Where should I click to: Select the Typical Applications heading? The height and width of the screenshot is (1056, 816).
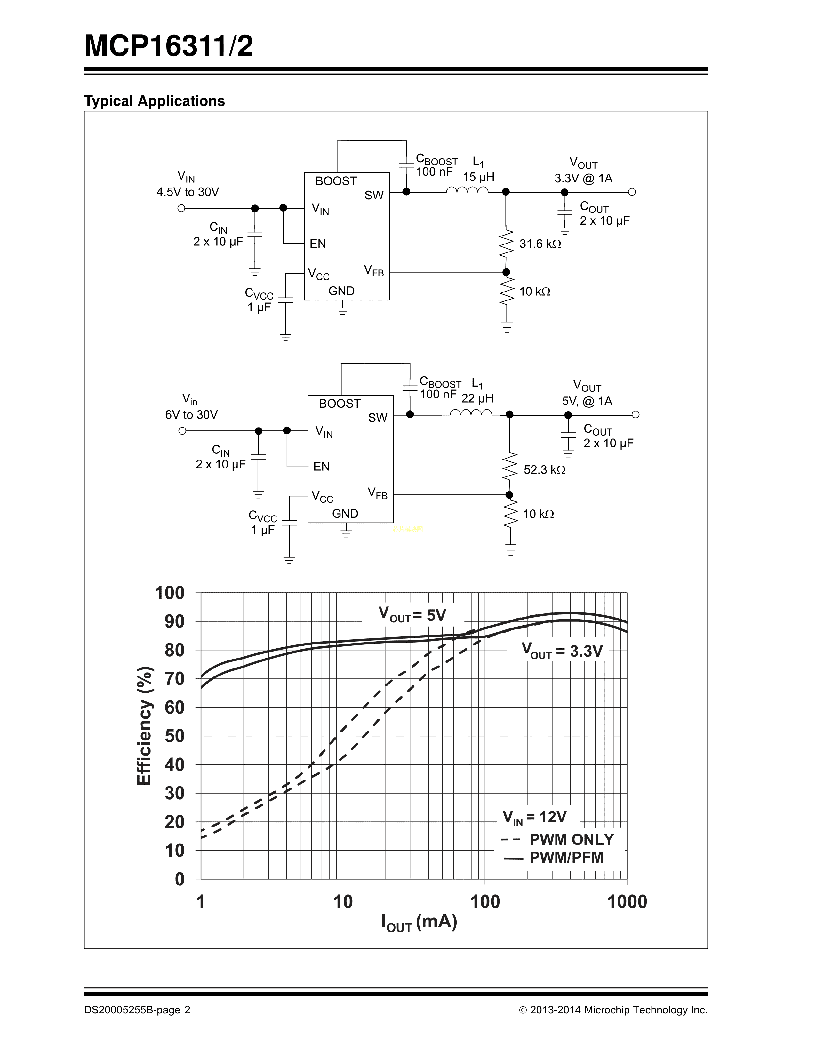(x=154, y=101)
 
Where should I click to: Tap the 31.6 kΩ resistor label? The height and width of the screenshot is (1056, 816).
(x=540, y=244)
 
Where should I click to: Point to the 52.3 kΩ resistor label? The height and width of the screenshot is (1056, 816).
(x=544, y=470)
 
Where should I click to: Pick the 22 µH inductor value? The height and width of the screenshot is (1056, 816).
(x=477, y=398)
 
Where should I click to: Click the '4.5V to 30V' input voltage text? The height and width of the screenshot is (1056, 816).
(x=188, y=192)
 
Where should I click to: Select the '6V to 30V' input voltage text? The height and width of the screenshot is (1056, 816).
(x=191, y=415)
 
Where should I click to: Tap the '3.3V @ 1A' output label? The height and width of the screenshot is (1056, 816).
(x=583, y=179)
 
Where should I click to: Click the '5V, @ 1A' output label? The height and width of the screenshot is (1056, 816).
(x=587, y=401)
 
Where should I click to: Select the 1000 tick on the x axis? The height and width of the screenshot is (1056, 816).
(x=627, y=902)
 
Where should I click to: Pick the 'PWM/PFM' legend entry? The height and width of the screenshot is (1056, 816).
(x=566, y=857)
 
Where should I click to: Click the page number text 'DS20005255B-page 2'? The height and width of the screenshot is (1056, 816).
(x=137, y=1010)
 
